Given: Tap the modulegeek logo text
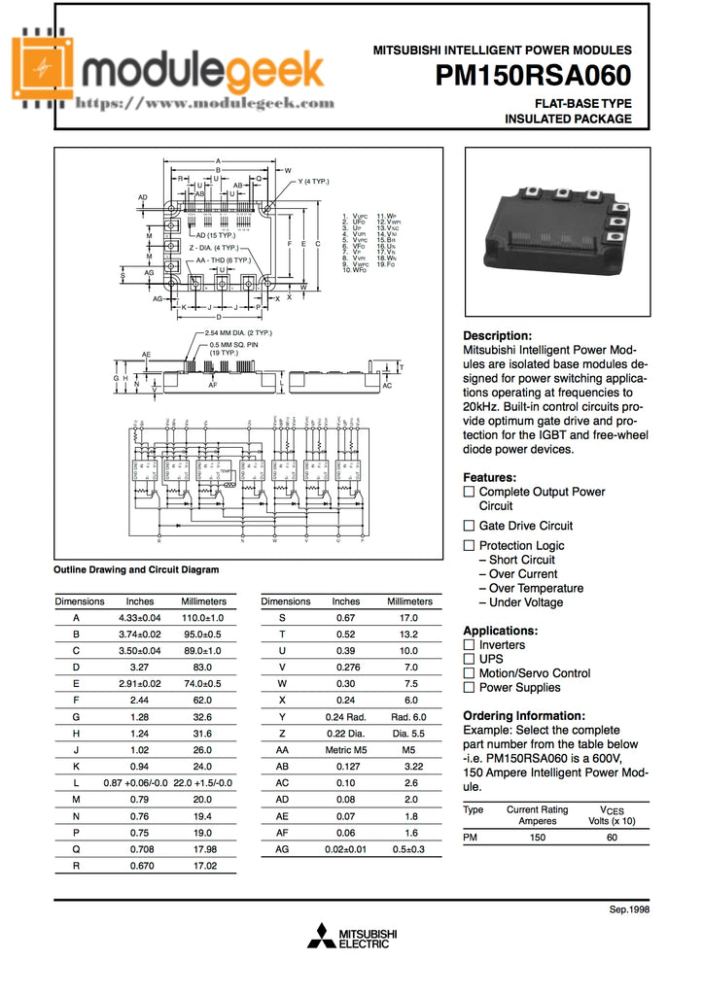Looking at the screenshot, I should click(x=203, y=69).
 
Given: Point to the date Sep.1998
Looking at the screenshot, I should click(x=628, y=909).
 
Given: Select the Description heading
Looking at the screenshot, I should click(x=497, y=335).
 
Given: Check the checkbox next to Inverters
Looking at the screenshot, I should click(x=469, y=645).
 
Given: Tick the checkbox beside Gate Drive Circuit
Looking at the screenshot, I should click(x=469, y=526).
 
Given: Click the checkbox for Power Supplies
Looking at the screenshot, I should click(x=469, y=687).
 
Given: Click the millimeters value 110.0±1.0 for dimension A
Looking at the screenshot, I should click(x=203, y=617).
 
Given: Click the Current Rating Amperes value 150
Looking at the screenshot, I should click(x=537, y=837).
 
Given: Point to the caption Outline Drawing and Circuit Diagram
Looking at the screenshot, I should click(x=136, y=569).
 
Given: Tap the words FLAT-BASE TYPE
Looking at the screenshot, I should click(x=582, y=103).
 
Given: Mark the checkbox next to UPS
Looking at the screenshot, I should click(x=469, y=659).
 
